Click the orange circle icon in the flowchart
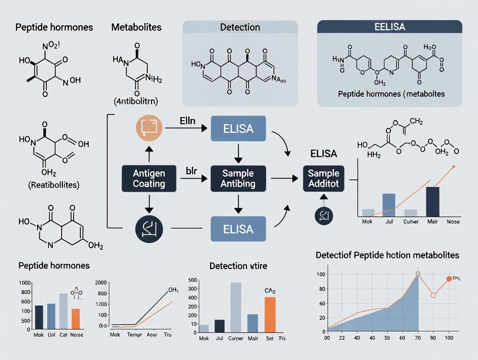click(x=149, y=128)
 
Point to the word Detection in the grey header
click(x=240, y=27)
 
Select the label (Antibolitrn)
click(x=136, y=102)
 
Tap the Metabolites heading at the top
click(x=136, y=27)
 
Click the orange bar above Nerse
click(x=76, y=318)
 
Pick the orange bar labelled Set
click(x=270, y=313)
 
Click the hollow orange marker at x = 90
click(x=433, y=296)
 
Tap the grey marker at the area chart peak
click(x=418, y=274)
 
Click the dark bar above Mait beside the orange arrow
click(x=433, y=201)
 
